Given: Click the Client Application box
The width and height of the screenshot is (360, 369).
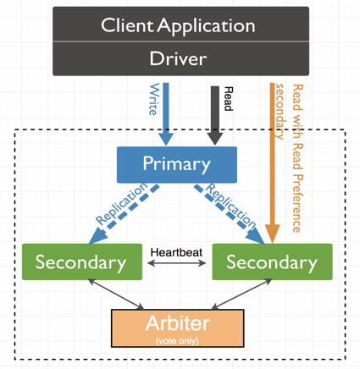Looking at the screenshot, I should (x=178, y=25).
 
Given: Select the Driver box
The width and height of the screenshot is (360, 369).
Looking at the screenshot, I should (x=178, y=58).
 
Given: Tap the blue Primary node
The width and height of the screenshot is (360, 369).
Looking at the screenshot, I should (x=176, y=164).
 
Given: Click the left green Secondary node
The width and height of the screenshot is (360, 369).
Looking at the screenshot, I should (x=80, y=262).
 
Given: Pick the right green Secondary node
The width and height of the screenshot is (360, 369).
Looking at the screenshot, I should (x=271, y=262).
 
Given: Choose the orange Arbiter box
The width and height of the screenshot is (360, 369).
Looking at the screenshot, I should (x=177, y=327).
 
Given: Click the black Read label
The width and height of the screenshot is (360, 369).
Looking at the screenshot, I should (x=226, y=98).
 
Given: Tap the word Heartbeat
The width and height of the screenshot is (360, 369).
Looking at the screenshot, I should (x=176, y=251).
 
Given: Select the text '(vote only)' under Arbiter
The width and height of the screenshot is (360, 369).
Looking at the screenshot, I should (x=177, y=339).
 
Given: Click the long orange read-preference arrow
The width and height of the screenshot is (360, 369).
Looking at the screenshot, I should (x=273, y=161).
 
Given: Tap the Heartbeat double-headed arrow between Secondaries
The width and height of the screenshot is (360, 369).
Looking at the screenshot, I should (x=176, y=263).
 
